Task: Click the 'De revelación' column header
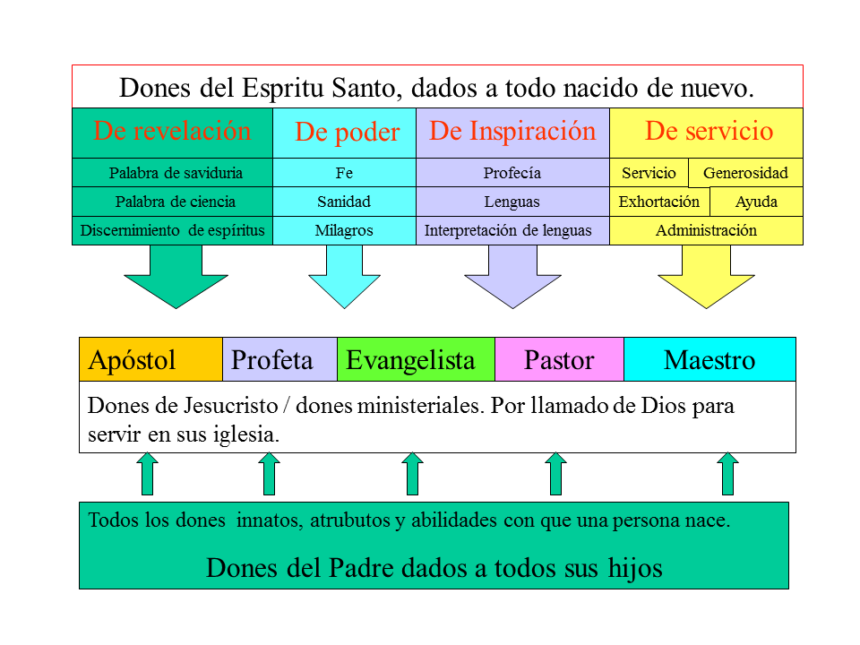[x=172, y=132]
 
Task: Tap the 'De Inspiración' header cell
[x=512, y=132]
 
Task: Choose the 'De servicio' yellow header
[x=708, y=132]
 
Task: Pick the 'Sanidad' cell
[x=344, y=202]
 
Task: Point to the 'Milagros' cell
[x=344, y=230]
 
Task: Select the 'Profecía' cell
[x=512, y=173]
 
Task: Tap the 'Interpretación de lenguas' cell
[x=508, y=230]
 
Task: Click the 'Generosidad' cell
[x=745, y=173]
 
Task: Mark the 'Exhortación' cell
[x=659, y=202]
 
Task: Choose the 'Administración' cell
[x=706, y=230]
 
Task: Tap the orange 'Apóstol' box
[x=150, y=360]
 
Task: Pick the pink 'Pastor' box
[x=559, y=360]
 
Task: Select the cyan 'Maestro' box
[x=709, y=360]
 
